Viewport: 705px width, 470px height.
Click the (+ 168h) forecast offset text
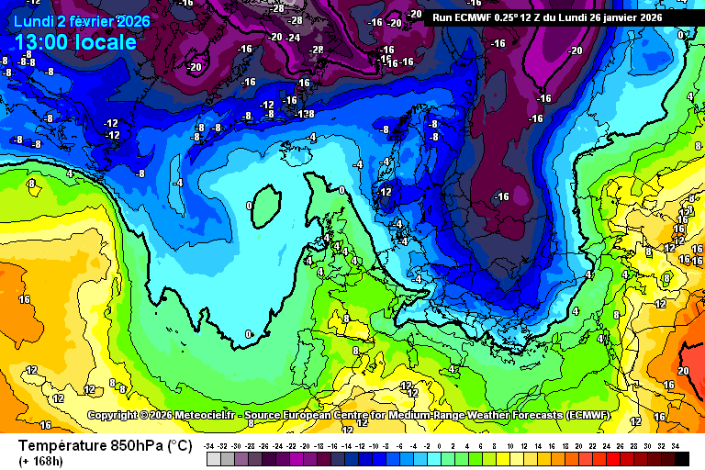point(42,461)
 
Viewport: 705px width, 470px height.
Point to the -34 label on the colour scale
point(210,445)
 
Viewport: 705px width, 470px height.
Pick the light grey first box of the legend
point(212,458)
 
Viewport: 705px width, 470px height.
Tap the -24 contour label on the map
point(293,38)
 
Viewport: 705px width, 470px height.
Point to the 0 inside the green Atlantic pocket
point(251,207)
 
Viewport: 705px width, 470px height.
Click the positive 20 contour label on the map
point(682,371)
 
